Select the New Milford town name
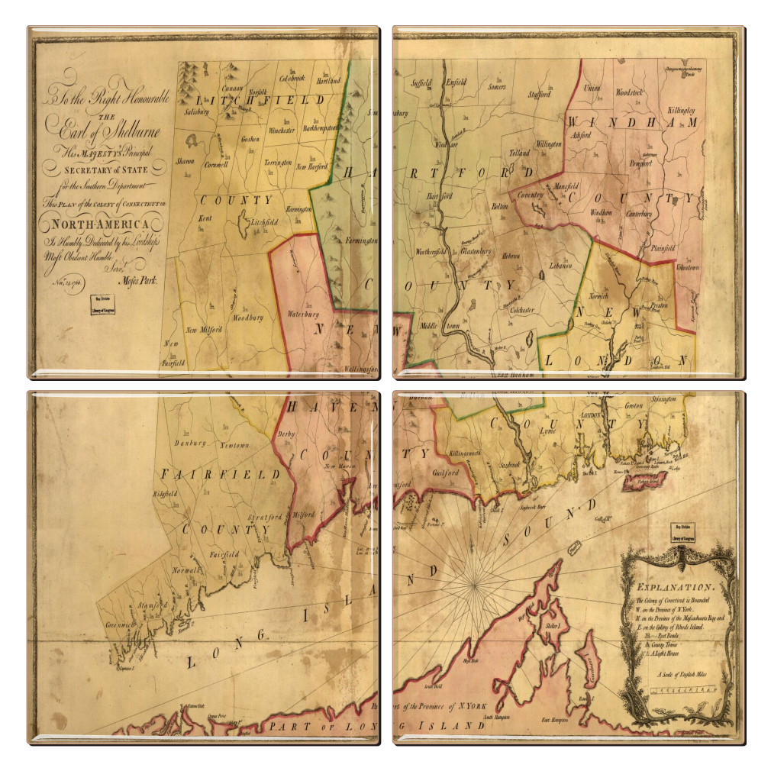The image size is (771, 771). point(204,330)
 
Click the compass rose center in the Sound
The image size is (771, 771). point(474,583)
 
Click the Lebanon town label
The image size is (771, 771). point(559,270)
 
